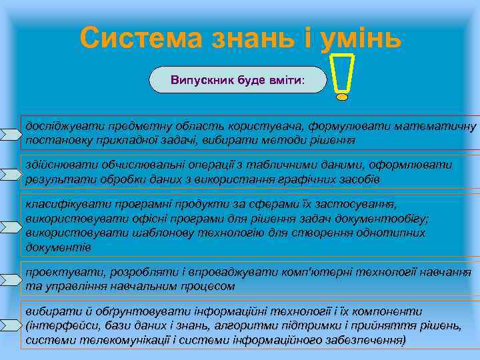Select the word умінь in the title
tap(353, 38)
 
